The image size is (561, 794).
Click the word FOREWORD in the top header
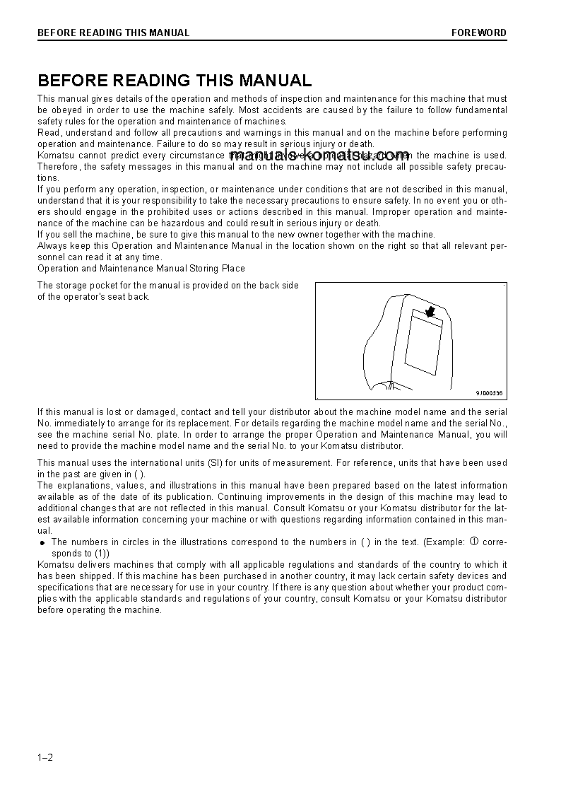click(x=479, y=33)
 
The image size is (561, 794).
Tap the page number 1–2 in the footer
click(x=45, y=758)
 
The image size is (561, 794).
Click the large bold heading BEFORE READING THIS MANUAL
click(x=175, y=81)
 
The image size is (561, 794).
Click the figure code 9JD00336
click(x=488, y=393)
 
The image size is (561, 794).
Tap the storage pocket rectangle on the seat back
click(x=423, y=345)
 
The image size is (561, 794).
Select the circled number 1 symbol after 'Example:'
click(x=474, y=542)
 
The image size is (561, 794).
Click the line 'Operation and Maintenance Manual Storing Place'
click(x=141, y=269)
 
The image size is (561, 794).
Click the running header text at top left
click(x=113, y=33)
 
